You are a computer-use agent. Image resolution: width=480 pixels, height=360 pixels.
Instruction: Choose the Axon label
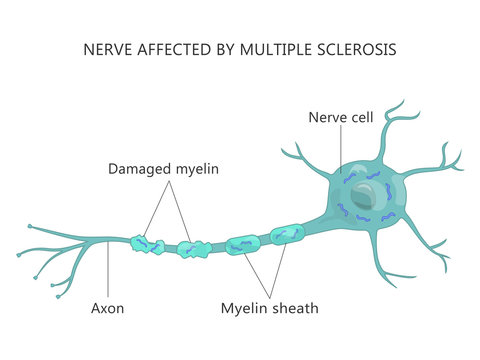(107, 308)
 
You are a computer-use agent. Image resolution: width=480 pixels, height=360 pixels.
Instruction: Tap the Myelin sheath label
(269, 308)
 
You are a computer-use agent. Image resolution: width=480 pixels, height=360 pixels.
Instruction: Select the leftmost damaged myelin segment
(147, 243)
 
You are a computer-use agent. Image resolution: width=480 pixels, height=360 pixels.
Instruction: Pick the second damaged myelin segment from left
(190, 248)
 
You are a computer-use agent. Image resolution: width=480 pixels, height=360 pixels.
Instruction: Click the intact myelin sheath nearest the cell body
(286, 234)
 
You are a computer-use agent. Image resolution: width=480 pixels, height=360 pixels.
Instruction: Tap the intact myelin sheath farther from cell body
(243, 243)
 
